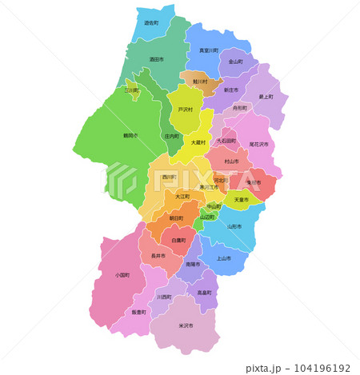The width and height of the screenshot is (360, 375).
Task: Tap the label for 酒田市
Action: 156,59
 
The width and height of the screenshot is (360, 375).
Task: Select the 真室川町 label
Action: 208,50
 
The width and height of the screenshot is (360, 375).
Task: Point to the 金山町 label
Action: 235,62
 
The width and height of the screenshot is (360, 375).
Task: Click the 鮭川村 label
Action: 199,82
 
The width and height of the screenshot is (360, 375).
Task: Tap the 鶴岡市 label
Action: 130,136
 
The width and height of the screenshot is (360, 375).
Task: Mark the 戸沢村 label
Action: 185,110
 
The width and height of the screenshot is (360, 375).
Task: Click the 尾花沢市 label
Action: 258,144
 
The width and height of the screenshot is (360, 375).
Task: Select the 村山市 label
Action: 232,162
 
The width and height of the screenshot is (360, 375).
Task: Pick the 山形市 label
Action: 234,226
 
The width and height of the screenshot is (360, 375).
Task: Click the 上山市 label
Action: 223,258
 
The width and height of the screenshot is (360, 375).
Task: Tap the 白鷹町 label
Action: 178,240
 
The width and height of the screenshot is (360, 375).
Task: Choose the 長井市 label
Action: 158,257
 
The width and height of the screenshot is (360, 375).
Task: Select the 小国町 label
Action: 122,275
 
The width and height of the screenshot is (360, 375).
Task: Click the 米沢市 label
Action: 184,325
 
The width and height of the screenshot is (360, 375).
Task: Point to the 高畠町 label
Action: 204,293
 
